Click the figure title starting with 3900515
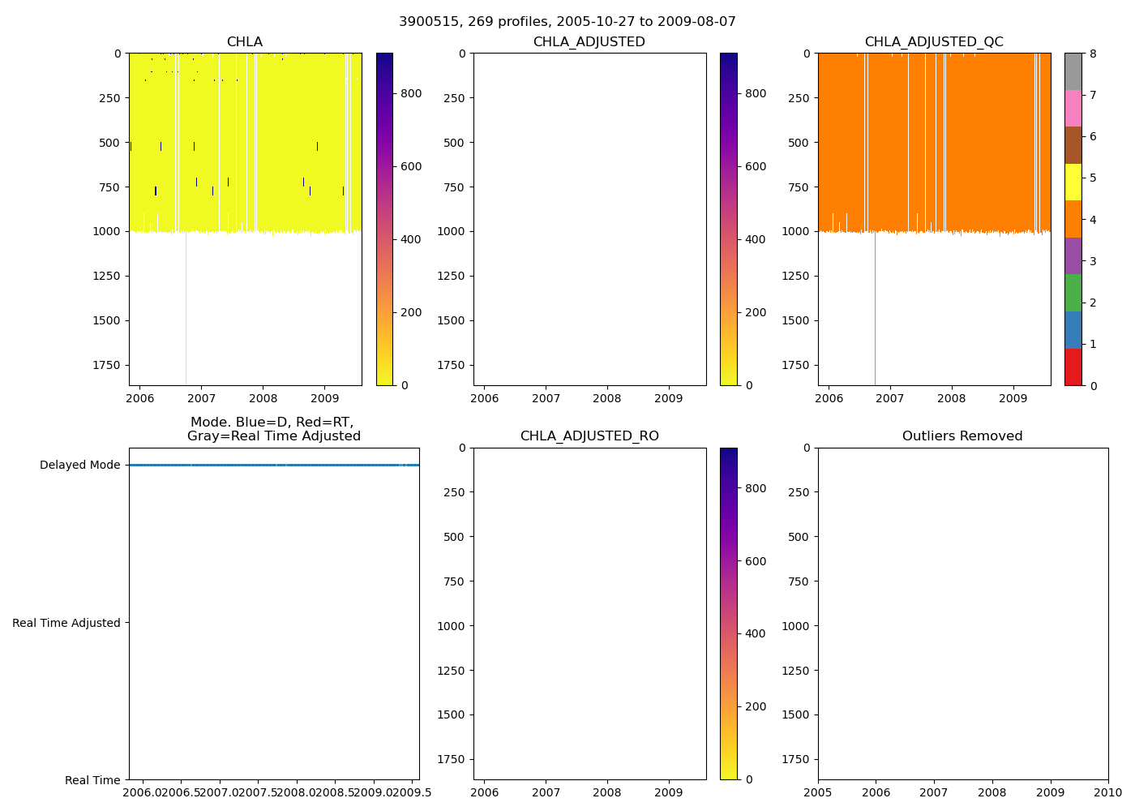click(567, 22)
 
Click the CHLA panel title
click(245, 42)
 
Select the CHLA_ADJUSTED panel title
click(589, 42)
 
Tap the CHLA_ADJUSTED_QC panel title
click(934, 42)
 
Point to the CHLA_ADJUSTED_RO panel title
click(589, 436)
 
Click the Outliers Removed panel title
click(962, 436)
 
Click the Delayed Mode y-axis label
click(79, 466)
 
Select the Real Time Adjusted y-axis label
click(66, 623)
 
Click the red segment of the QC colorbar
click(1073, 367)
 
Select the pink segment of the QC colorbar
click(1073, 108)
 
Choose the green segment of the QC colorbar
click(1073, 293)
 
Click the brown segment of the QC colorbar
click(1073, 145)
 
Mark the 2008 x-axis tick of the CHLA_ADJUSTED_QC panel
click(952, 398)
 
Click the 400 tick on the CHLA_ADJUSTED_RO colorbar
click(755, 633)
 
